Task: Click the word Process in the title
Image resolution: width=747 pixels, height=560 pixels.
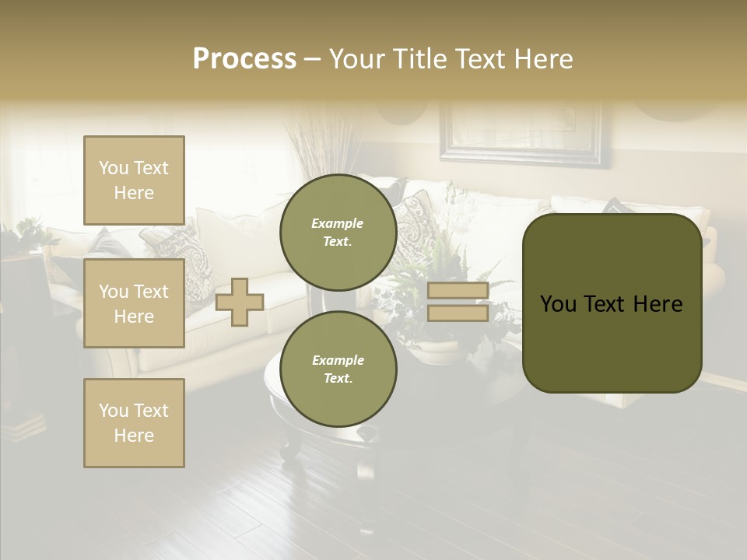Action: [244, 59]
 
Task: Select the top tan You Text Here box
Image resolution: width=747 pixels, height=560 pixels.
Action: [134, 180]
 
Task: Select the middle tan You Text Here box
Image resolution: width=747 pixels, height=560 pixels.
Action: [134, 303]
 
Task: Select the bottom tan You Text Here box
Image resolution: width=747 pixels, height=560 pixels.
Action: [134, 423]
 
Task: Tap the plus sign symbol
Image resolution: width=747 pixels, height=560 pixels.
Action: [240, 302]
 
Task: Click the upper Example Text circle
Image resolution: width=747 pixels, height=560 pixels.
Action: [338, 232]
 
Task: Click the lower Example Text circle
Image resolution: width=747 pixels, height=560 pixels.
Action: [338, 369]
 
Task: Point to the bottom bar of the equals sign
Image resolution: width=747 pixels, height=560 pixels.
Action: [458, 313]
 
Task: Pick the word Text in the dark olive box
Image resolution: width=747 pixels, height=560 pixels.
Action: [611, 304]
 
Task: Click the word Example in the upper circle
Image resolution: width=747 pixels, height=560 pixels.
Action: [338, 223]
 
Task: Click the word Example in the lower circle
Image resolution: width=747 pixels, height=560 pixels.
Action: [338, 360]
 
